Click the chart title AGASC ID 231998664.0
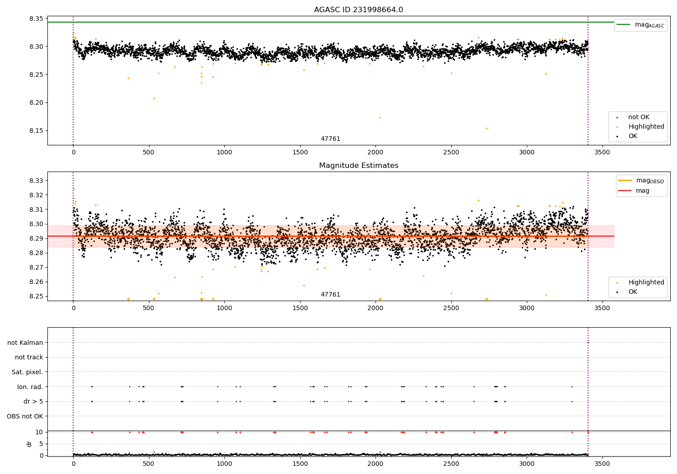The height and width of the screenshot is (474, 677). click(x=358, y=10)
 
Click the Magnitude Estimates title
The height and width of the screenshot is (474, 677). click(x=358, y=166)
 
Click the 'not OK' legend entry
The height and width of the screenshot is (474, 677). click(x=639, y=117)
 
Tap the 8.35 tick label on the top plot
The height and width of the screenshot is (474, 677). click(x=36, y=19)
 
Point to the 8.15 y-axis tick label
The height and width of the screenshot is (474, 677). click(x=36, y=131)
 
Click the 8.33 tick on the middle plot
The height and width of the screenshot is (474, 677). click(x=36, y=181)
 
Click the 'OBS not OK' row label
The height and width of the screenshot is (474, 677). click(x=25, y=416)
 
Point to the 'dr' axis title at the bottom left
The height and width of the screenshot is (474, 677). click(x=29, y=444)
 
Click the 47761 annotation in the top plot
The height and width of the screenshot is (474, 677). click(x=330, y=139)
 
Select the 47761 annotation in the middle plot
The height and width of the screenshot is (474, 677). click(x=330, y=295)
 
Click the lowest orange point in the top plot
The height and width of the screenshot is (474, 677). click(x=487, y=128)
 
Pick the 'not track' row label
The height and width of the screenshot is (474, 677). click(x=29, y=357)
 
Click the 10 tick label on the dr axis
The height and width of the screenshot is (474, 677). click(x=39, y=432)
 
